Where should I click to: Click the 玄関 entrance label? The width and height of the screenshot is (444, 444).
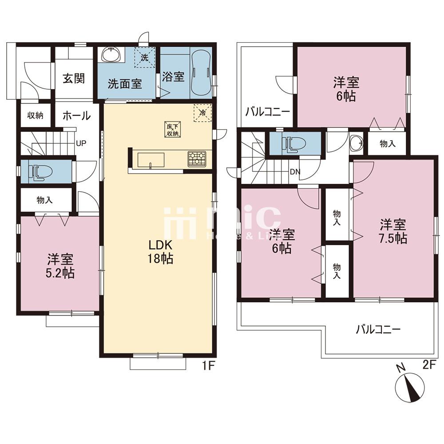[74, 79]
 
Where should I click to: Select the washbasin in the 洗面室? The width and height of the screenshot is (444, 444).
[112, 55]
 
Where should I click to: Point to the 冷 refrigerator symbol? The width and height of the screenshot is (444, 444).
[203, 113]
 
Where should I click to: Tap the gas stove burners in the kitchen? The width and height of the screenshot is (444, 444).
[197, 159]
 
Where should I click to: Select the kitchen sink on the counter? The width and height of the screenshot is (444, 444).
[151, 161]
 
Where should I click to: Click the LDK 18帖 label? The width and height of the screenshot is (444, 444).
[160, 251]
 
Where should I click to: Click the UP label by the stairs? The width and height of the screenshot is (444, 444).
[81, 143]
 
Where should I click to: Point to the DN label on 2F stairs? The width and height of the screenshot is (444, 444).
[295, 171]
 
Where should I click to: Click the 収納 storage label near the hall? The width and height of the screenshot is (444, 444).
[35, 115]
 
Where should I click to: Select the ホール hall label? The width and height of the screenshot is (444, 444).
[76, 116]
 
